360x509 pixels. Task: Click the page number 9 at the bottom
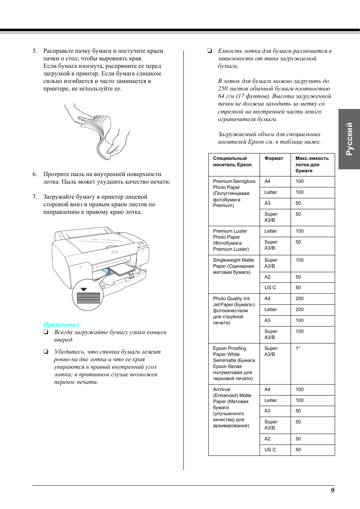[x=332, y=490]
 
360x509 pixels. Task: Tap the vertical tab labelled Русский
[x=349, y=139]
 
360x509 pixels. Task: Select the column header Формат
[x=274, y=158]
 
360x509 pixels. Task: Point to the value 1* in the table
[x=298, y=348]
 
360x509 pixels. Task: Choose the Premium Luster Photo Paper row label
[x=231, y=240]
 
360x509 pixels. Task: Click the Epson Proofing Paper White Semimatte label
[x=234, y=363]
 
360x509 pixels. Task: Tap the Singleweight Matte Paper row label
[x=233, y=266]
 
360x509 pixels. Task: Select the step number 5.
[x=35, y=51]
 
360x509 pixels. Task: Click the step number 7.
[x=35, y=197]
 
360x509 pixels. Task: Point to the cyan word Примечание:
[x=62, y=325]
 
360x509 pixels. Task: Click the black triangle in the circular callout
[x=84, y=290]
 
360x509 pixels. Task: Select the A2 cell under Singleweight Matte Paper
[x=268, y=277]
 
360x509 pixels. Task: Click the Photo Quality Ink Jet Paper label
[x=234, y=310]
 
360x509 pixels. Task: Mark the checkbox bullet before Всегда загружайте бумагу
[x=46, y=332]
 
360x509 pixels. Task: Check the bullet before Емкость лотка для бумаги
[x=209, y=51]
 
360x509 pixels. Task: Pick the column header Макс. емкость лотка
[x=312, y=164]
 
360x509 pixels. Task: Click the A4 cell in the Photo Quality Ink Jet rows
[x=268, y=299]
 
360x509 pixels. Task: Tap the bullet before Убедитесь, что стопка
[x=46, y=352]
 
